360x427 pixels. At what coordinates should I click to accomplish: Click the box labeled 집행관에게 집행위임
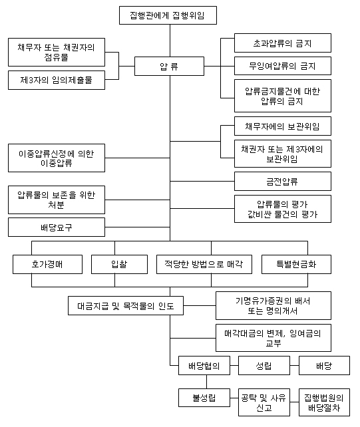pyautogui.click(x=168, y=15)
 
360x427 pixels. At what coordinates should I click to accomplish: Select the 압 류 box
pyautogui.click(x=169, y=66)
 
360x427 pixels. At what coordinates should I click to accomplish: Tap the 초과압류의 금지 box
pyautogui.click(x=283, y=43)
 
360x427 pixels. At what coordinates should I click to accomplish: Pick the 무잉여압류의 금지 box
pyautogui.click(x=283, y=66)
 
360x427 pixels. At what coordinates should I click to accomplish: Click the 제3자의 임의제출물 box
pyautogui.click(x=57, y=80)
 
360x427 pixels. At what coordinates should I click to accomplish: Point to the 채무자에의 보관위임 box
pyautogui.click(x=283, y=126)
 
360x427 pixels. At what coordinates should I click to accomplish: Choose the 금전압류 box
pyautogui.click(x=283, y=182)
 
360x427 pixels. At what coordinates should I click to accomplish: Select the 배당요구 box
pyautogui.click(x=57, y=227)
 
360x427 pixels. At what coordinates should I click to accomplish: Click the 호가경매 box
pyautogui.click(x=47, y=264)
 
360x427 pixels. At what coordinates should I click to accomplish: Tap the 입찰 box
pyautogui.click(x=119, y=264)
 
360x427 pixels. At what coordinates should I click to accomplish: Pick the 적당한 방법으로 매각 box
pyautogui.click(x=204, y=264)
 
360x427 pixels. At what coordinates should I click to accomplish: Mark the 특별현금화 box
pyautogui.click(x=296, y=264)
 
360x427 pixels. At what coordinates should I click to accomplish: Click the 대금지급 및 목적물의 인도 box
pyautogui.click(x=126, y=306)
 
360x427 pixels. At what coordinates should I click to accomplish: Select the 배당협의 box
pyautogui.click(x=204, y=365)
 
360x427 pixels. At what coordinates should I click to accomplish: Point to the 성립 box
pyautogui.click(x=264, y=365)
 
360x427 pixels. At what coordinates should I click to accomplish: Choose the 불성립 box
pyautogui.click(x=204, y=398)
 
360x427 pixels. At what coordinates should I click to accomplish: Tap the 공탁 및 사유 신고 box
pyautogui.click(x=264, y=402)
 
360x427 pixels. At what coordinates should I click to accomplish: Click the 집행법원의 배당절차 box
pyautogui.click(x=324, y=402)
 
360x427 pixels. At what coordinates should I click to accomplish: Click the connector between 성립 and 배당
pyautogui.click(x=294, y=365)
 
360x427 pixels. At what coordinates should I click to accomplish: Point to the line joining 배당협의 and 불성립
pyautogui.click(x=206, y=382)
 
